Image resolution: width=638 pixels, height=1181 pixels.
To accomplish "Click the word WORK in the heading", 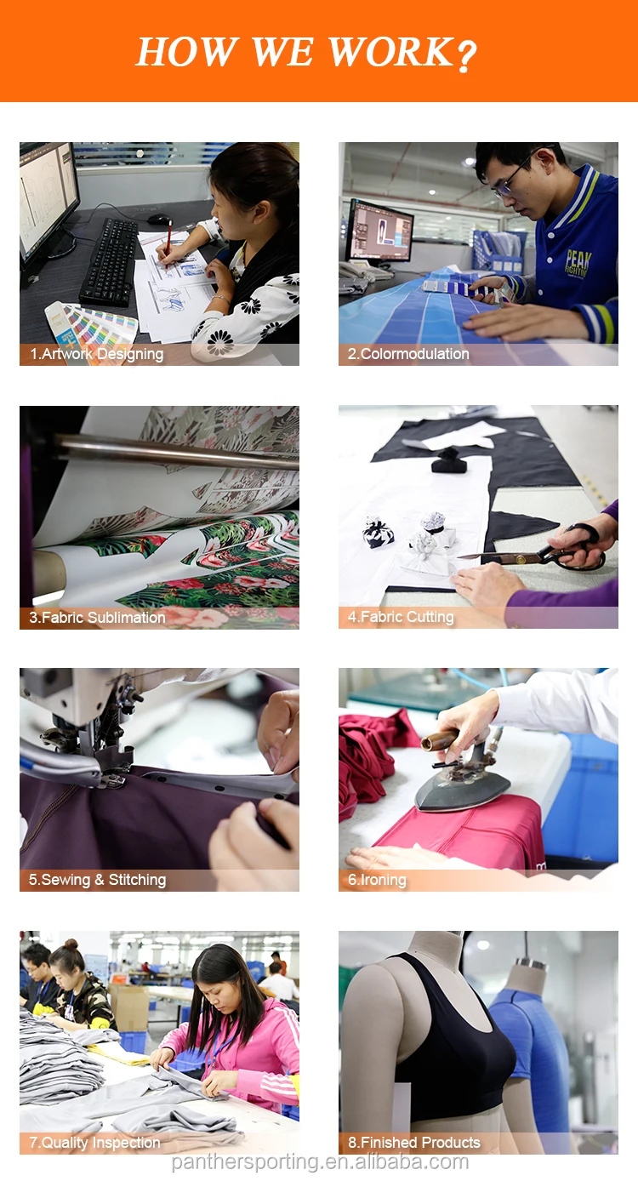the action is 390,52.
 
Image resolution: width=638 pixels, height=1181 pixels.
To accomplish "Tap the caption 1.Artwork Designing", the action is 96,354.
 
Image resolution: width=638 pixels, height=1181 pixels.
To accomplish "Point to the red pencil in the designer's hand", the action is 168,243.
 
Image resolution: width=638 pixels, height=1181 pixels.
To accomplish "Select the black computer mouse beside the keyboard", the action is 159,219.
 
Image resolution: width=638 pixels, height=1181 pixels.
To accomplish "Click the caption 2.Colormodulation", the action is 408,354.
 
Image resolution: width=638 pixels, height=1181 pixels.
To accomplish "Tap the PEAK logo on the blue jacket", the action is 578,262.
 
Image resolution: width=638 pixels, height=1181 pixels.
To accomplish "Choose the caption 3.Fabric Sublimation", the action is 97,618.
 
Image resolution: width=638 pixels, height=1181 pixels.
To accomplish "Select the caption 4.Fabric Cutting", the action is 401,617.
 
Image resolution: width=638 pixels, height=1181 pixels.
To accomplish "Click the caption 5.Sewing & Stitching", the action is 97,880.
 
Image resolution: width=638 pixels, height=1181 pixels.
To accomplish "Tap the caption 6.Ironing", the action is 377,880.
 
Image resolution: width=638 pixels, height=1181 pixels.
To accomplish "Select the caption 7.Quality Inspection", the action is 95,1143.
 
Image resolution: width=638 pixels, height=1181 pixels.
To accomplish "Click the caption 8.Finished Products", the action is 414,1143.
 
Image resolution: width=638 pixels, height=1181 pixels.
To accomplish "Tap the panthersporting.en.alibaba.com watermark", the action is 320,1161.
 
